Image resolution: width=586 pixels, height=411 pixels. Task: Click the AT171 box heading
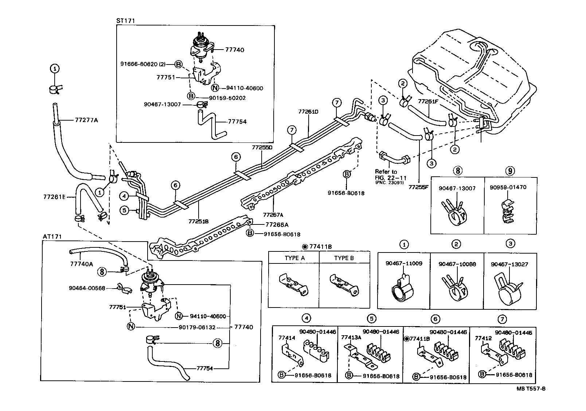52,237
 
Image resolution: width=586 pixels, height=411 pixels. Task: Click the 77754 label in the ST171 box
237,122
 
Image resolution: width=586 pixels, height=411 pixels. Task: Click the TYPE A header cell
294,258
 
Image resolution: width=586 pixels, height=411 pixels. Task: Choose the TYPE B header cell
344,258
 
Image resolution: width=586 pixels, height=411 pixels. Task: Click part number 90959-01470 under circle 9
510,188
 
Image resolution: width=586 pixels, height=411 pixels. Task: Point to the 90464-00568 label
87,288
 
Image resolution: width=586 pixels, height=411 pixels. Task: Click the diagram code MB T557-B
531,389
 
